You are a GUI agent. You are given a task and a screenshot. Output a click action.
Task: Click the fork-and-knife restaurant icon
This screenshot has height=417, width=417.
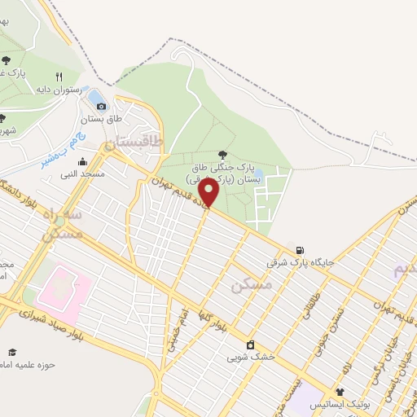81,77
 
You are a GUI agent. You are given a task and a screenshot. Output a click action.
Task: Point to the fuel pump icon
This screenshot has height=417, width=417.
301,250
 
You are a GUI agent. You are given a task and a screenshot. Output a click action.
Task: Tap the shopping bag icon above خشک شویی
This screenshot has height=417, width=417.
250,344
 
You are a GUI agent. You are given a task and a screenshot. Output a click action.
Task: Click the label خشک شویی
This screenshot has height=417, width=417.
250,357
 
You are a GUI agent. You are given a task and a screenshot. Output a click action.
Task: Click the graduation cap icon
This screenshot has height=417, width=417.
12,351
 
